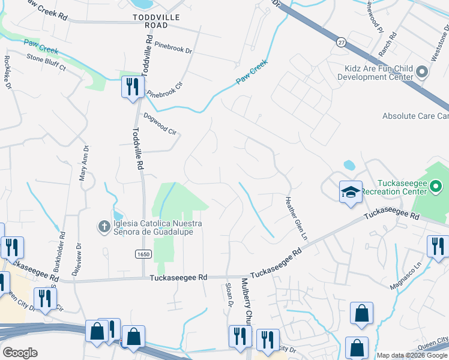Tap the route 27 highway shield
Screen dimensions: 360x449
coord(341,42)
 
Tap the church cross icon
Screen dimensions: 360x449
coord(103,227)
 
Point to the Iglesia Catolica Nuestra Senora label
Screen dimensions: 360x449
coord(153,227)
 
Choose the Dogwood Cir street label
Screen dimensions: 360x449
coord(160,124)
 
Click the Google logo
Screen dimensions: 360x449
coord(20,352)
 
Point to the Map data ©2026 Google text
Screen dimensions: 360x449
coord(412,355)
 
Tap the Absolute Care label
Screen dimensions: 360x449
coord(415,116)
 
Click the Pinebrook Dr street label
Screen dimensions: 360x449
coord(172,47)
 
